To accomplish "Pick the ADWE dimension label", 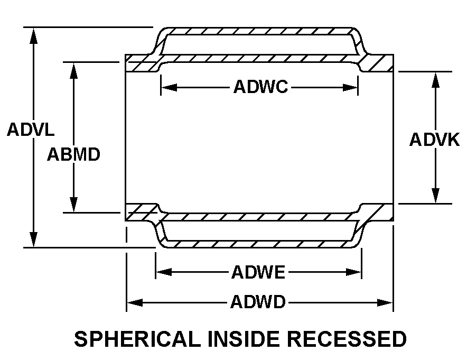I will [x=258, y=273].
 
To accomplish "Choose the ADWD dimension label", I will [x=258, y=303].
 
